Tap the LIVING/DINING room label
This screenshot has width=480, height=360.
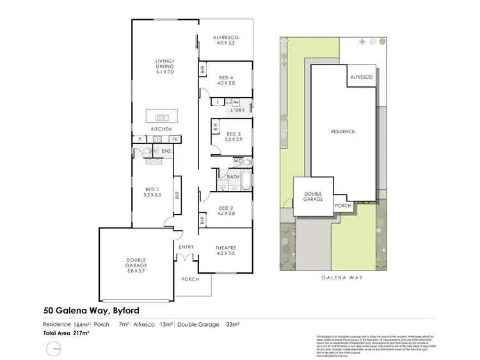pos(164,67)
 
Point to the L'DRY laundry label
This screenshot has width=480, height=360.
pos(238,111)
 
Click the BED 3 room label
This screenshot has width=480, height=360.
pos(234,136)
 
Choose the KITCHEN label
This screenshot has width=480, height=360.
pos(161,129)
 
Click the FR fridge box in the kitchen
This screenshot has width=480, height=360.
pos(173,139)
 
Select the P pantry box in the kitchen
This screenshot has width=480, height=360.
pos(139,139)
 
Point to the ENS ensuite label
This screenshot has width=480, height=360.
pos(166,151)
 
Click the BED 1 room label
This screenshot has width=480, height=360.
pos(152,192)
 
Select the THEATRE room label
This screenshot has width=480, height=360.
pos(225,251)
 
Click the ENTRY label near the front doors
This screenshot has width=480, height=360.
pos(186,247)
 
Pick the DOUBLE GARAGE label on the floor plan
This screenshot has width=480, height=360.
pos(135,263)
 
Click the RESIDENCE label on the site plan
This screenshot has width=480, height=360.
pos(342,132)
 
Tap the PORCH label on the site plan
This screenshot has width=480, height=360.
pos(343,206)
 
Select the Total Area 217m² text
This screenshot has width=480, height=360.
pos(67,334)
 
